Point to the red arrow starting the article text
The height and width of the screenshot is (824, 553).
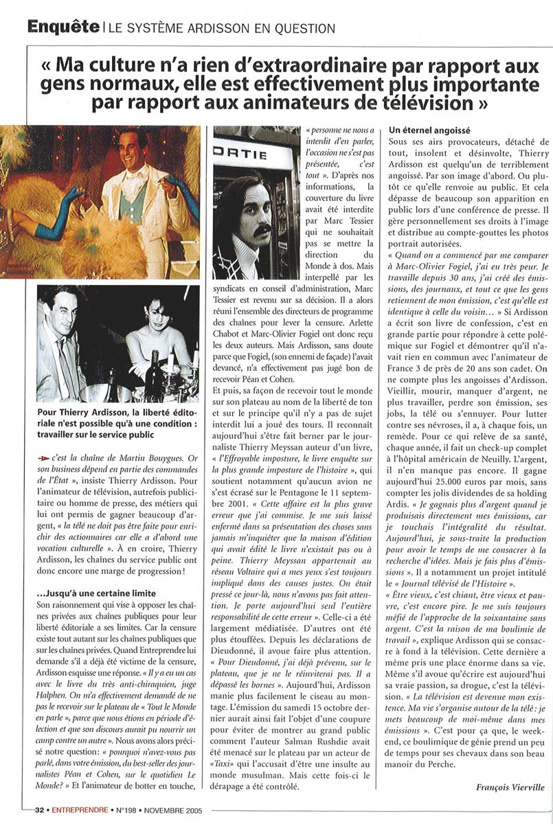44,457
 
